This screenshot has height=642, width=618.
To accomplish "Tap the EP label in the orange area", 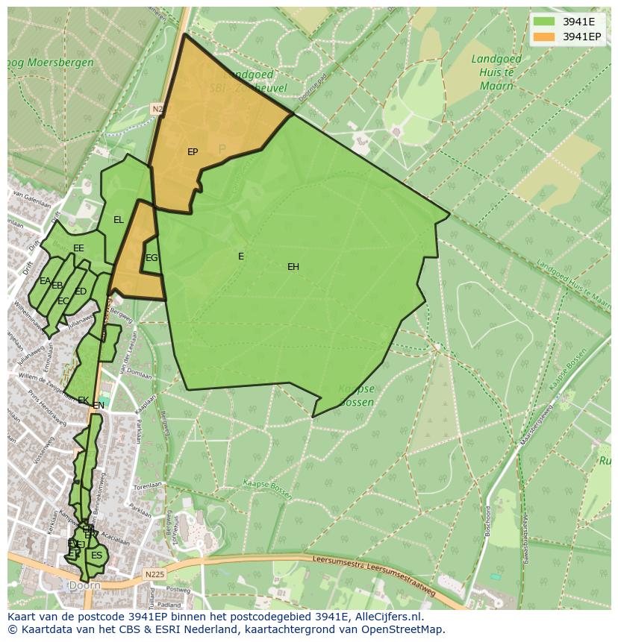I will point(193,152).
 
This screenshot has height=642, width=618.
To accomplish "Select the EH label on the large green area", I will point(293,267).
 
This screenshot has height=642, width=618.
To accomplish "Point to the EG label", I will point(152,258).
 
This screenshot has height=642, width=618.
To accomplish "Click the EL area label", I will point(119,220).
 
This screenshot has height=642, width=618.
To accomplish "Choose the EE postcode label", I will point(78,248).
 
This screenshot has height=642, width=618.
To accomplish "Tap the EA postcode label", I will point(45,281).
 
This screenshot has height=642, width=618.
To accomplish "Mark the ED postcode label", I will point(81,292).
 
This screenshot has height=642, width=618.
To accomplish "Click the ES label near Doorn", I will point(96,556).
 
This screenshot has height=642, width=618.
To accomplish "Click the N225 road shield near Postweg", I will point(154,574).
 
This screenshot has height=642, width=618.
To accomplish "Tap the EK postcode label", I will point(83,400).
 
